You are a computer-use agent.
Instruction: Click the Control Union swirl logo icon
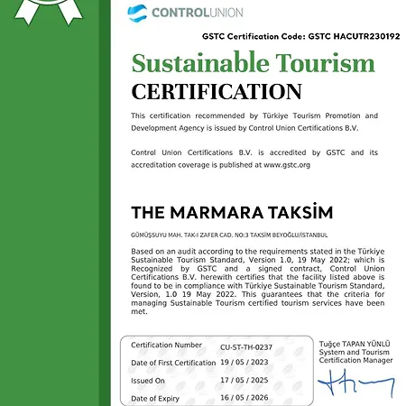coord(137,14)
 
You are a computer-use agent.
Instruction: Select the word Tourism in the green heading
coord(328,64)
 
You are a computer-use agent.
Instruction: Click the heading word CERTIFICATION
coord(216,92)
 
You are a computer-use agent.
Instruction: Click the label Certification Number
coord(166,346)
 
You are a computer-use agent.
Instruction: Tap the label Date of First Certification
coord(174,363)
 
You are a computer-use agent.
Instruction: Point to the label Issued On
coord(148,381)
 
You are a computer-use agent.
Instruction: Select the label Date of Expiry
coord(155,398)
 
